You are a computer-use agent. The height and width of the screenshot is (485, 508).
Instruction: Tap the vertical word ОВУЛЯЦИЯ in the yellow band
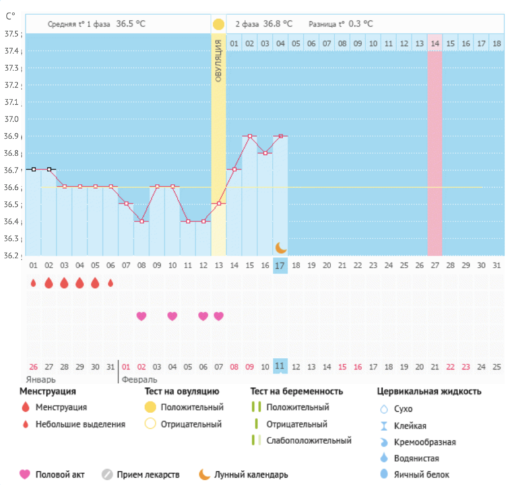pyautogui.click(x=218, y=60)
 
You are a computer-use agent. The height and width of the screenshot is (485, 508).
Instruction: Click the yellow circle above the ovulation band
pyautogui.click(x=218, y=24)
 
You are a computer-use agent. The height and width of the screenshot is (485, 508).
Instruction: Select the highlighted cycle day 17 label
pyautogui.click(x=280, y=266)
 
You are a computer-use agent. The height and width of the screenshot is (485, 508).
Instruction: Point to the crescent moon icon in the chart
pyautogui.click(x=281, y=247)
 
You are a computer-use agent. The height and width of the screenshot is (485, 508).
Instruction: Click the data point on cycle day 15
pyautogui.click(x=249, y=136)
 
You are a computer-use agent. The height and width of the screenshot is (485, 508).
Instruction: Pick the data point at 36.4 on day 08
pyautogui.click(x=141, y=221)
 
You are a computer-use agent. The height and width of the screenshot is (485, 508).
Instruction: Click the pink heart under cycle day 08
pyautogui.click(x=141, y=316)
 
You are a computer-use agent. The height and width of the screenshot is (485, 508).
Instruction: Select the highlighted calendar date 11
pyautogui.click(x=280, y=366)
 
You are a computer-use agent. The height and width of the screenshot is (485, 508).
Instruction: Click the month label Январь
pyautogui.click(x=41, y=380)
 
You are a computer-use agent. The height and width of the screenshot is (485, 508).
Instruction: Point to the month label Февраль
pyautogui.click(x=139, y=380)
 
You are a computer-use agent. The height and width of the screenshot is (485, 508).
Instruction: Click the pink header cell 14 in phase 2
pyautogui.click(x=434, y=43)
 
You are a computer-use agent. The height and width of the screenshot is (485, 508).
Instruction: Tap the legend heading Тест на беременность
pyautogui.click(x=296, y=391)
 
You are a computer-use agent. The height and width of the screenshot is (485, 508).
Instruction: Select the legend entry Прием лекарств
pyautogui.click(x=148, y=474)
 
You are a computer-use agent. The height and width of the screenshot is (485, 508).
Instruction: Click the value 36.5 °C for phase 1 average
pyautogui.click(x=131, y=24)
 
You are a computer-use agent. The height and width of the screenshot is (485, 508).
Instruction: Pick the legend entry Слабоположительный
pyautogui.click(x=309, y=440)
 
